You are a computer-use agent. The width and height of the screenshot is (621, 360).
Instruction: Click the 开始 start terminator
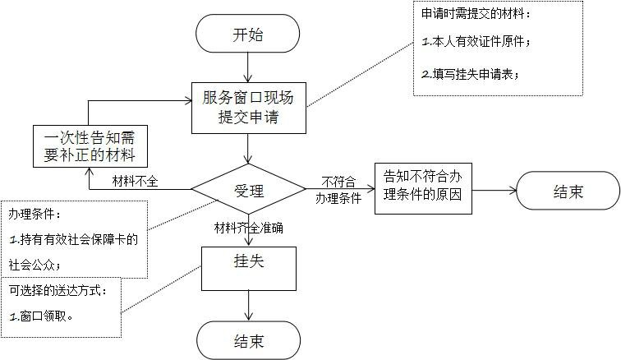[247, 35]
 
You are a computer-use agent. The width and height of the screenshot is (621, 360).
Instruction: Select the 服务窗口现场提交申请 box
[247, 108]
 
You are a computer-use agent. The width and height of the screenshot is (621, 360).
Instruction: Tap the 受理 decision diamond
[248, 192]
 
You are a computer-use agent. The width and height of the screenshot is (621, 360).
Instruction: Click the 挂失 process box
[248, 268]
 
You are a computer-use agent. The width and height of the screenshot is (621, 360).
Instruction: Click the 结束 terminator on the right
[568, 192]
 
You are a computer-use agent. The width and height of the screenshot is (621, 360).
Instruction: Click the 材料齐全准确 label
[248, 228]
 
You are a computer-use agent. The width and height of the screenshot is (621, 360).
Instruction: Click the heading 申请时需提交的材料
[476, 14]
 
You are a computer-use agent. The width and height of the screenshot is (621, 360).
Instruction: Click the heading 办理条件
[34, 214]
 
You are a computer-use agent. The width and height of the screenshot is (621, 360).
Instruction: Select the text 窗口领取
[46, 315]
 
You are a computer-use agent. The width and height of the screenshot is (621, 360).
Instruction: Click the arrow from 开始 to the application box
[247, 68]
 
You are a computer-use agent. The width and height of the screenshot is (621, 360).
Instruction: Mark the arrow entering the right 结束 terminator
[494, 191]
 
